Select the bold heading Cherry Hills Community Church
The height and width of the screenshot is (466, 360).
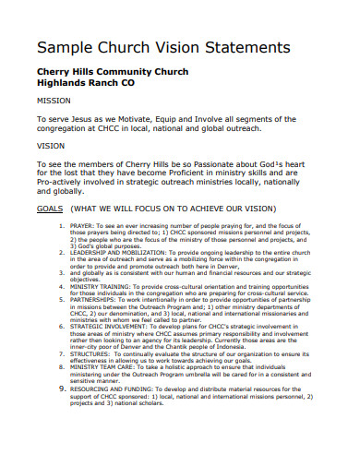(112, 72)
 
